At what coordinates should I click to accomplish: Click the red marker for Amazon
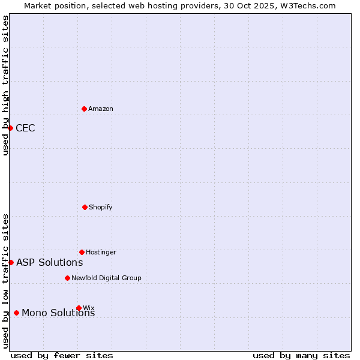(85, 109)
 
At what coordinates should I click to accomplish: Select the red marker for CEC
(10, 128)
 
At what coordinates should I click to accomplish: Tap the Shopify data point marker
(85, 207)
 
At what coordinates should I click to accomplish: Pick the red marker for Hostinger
(82, 252)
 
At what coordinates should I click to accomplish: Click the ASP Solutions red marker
(11, 262)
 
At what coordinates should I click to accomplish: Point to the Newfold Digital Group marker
(67, 278)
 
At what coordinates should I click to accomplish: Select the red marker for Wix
(79, 308)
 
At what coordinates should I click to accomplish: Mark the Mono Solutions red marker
(16, 313)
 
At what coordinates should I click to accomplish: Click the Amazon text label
(101, 109)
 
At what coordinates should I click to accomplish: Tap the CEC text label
(25, 128)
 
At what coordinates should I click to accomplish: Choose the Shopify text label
(101, 207)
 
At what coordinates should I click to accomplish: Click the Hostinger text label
(101, 252)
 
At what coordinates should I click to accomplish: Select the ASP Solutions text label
(49, 262)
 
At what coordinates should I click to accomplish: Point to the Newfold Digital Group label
(106, 278)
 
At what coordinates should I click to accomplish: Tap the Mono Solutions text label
(58, 313)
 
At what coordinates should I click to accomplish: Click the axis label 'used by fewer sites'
(62, 355)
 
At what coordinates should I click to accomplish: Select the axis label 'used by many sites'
(301, 355)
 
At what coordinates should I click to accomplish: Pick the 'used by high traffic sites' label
(5, 85)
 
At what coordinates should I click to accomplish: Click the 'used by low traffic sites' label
(5, 281)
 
